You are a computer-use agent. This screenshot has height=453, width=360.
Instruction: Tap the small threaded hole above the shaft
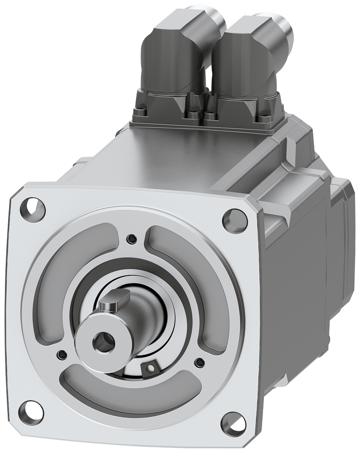click(x=131, y=238)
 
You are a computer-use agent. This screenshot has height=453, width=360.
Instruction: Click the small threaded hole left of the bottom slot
click(x=61, y=352)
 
